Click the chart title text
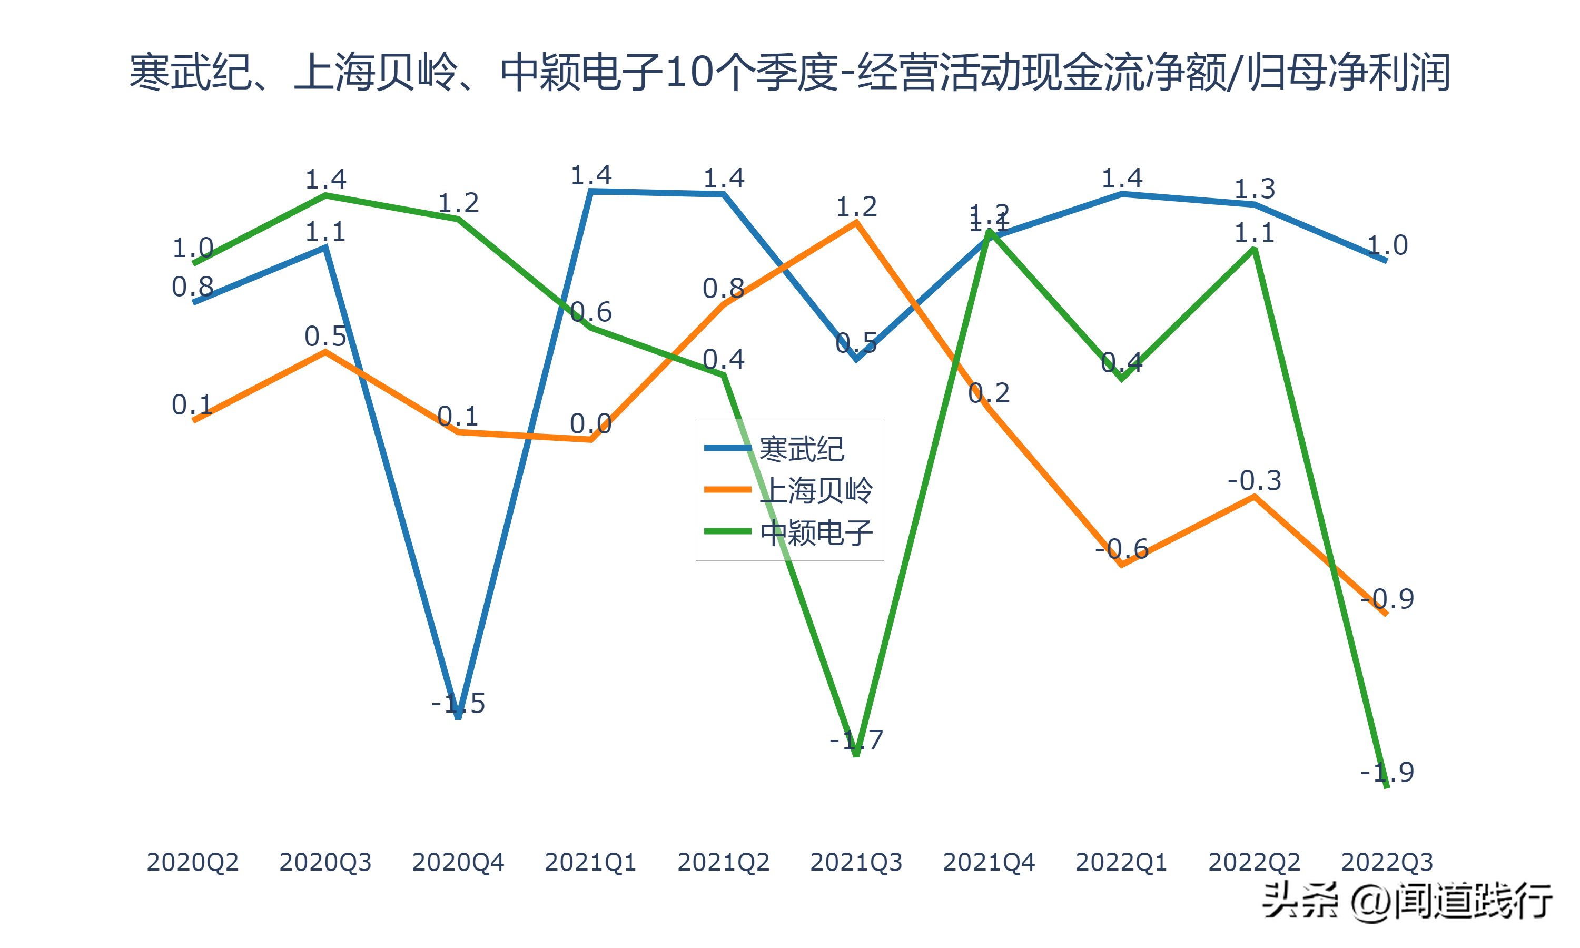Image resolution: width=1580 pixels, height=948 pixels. pos(789,72)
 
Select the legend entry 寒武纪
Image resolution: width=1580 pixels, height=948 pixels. pos(801,449)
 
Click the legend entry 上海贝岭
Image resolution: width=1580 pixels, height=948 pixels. pos(816,491)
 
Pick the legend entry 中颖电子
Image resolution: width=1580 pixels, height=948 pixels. pos(816,532)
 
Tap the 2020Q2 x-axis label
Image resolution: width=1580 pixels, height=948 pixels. pos(192,862)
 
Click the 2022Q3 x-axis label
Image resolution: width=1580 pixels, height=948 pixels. pos(1387,862)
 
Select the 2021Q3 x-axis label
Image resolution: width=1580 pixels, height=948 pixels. pos(856,862)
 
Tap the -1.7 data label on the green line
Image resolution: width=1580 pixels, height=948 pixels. pos(856,740)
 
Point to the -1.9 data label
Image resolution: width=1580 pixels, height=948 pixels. pos(1387,772)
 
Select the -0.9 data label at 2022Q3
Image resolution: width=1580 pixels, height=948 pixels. pos(1387,599)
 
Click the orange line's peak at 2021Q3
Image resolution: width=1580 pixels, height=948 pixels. pos(856,222)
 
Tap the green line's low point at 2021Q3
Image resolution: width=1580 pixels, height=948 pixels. pos(856,756)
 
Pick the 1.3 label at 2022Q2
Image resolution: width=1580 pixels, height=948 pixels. pos(1255,189)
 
